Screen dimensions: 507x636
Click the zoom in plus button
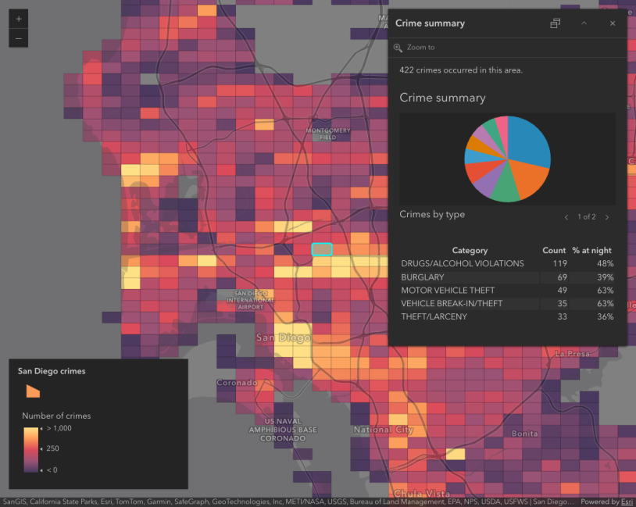pyautogui.click(x=19, y=18)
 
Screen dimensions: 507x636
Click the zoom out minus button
pyautogui.click(x=19, y=38)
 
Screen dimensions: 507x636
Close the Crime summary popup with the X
pyautogui.click(x=613, y=23)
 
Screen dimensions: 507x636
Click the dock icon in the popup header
pyautogui.click(x=555, y=23)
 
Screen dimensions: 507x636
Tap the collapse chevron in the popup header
pyautogui.click(x=584, y=23)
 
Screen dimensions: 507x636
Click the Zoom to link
pyautogui.click(x=420, y=48)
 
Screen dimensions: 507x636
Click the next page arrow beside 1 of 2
pyautogui.click(x=607, y=217)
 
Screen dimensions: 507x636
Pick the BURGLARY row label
pyautogui.click(x=423, y=277)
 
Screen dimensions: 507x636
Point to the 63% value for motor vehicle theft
pyautogui.click(x=604, y=291)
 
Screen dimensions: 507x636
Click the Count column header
pyautogui.click(x=554, y=251)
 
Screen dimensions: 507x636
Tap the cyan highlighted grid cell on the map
pyautogui.click(x=322, y=249)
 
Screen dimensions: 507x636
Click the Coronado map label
pyautogui.click(x=237, y=383)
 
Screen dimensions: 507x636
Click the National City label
pyautogui.click(x=383, y=430)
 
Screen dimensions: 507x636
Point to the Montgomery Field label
pyautogui.click(x=328, y=134)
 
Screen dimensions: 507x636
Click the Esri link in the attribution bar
pyautogui.click(x=627, y=502)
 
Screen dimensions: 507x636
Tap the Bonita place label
pyautogui.click(x=524, y=434)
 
